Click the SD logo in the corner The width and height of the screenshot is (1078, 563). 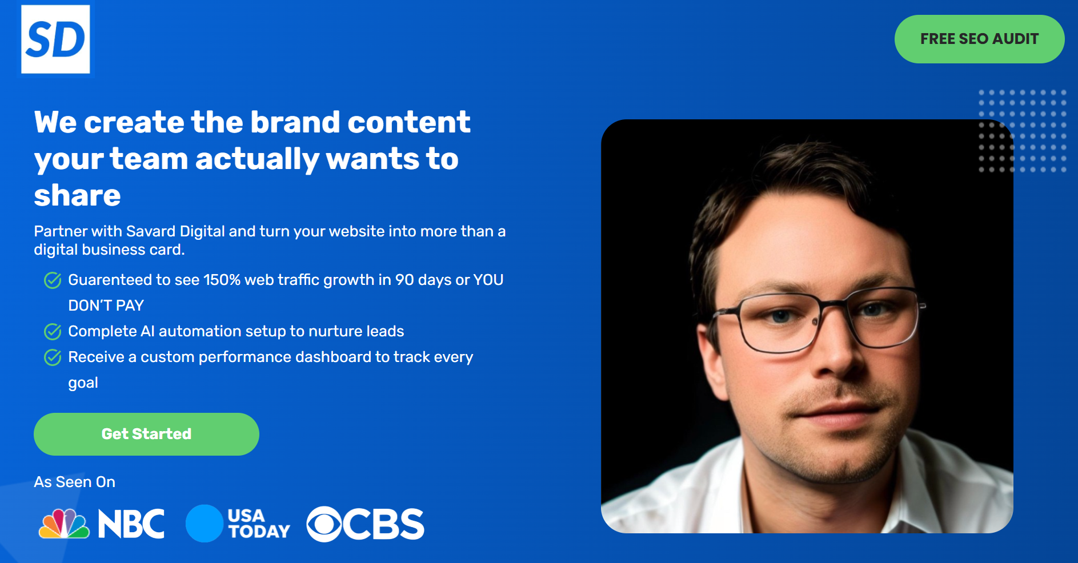pos(55,39)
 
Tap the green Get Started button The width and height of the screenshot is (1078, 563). pos(146,434)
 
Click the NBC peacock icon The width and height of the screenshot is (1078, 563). pos(64,524)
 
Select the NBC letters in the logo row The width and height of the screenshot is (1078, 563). pos(131,524)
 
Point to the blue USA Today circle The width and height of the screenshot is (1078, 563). pos(204,524)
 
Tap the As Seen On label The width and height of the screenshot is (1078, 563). pos(74,482)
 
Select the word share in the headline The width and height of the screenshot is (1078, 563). pos(77,195)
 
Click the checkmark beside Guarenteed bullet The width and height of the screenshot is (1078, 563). pos(53,280)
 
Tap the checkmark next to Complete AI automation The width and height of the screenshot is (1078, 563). pos(53,332)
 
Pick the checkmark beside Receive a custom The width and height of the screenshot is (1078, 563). pos(53,357)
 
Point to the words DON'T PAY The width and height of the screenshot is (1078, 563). pos(106,305)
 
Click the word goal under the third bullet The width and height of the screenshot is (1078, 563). pos(83,383)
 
